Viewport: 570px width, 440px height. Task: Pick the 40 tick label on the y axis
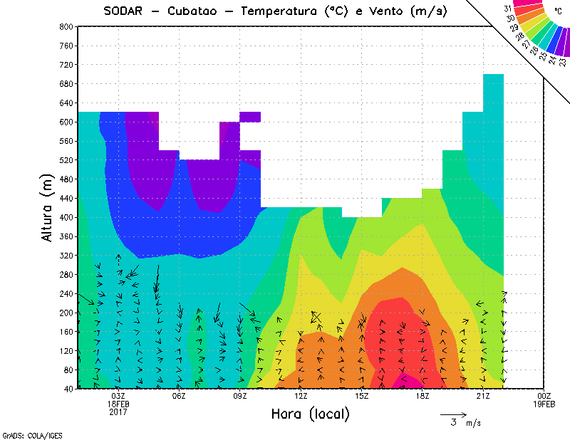click(x=67, y=389)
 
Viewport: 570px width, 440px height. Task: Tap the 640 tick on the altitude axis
click(x=65, y=103)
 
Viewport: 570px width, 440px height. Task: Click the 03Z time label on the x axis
click(x=118, y=396)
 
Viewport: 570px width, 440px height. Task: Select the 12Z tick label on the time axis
click(x=301, y=396)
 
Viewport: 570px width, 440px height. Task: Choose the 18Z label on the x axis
click(x=423, y=396)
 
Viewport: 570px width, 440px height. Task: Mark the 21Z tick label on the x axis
click(x=483, y=396)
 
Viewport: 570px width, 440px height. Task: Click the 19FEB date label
click(x=544, y=404)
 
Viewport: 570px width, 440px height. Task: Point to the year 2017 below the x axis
click(x=118, y=412)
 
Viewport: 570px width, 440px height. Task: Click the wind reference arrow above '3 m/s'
click(x=453, y=413)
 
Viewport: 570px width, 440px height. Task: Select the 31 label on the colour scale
click(x=509, y=9)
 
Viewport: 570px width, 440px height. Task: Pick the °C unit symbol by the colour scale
click(x=558, y=11)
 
